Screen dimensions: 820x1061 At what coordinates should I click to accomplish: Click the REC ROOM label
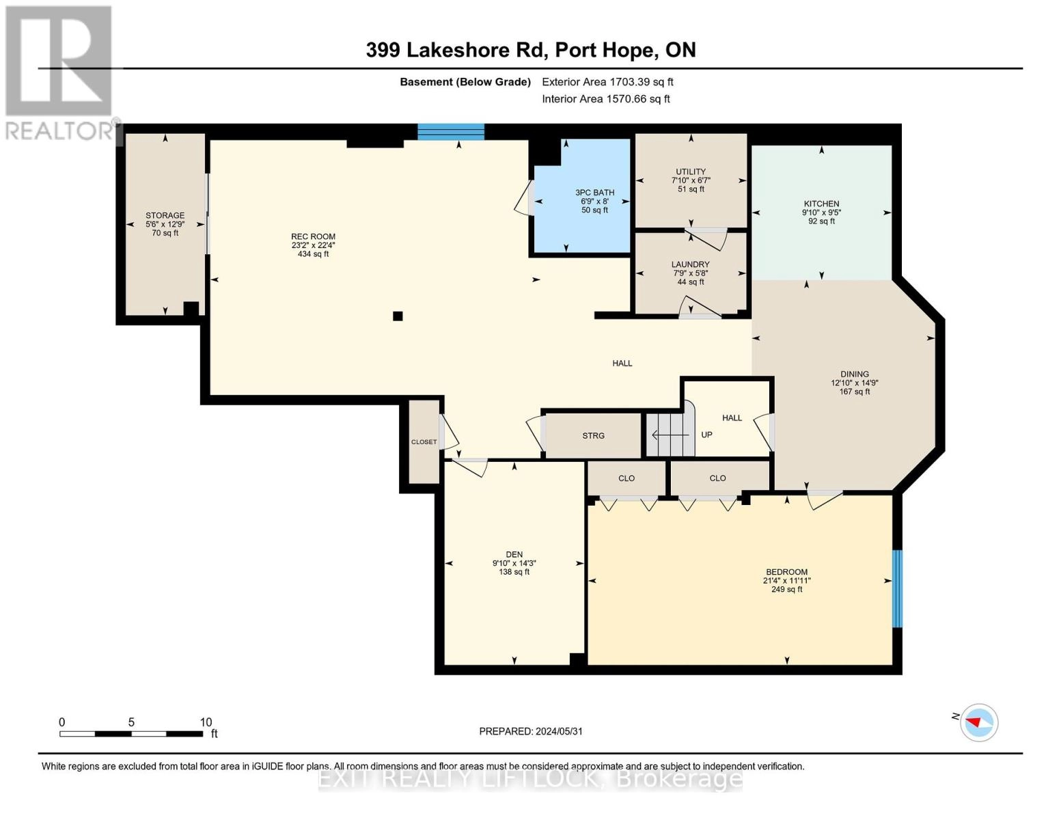click(313, 237)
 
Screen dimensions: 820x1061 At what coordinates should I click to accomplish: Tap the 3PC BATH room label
click(594, 193)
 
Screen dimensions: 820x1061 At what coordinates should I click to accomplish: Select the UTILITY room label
click(691, 172)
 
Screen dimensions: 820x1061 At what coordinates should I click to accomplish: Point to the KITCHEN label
click(821, 204)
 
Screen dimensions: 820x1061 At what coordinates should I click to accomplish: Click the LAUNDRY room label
click(690, 264)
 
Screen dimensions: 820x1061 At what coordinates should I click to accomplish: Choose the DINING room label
click(854, 374)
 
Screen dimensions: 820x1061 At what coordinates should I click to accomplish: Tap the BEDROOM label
click(786, 572)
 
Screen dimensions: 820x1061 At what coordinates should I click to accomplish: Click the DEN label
click(514, 555)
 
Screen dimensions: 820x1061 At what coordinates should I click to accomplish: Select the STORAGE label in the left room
click(165, 215)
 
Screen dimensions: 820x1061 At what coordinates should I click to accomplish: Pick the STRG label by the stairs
click(593, 436)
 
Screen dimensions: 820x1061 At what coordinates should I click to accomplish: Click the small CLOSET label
click(424, 442)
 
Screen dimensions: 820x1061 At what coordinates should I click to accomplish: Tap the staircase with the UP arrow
click(670, 435)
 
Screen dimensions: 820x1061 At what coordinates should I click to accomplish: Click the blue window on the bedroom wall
click(897, 588)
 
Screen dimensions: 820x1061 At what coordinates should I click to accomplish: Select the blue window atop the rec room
click(451, 132)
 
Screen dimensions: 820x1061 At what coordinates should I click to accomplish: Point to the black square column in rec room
click(398, 316)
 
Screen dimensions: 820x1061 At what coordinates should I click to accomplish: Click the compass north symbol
click(978, 722)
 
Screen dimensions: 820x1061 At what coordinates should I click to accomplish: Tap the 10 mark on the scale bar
click(206, 722)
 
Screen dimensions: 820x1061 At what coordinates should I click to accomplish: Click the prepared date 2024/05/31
click(531, 731)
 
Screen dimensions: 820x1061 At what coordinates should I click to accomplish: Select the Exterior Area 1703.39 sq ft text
click(607, 82)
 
